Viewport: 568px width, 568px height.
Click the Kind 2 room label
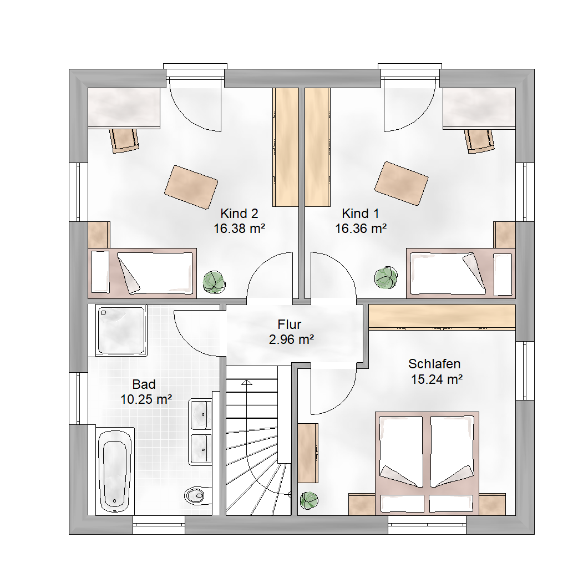[x=239, y=214]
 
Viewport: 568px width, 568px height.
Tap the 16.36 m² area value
[x=361, y=229]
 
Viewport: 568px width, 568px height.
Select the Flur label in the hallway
[x=290, y=324]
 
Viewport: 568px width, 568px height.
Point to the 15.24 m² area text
[x=437, y=379]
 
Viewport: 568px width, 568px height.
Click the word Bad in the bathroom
[x=144, y=384]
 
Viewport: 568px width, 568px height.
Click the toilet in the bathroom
[x=198, y=495]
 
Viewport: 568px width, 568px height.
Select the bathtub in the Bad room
[x=115, y=470]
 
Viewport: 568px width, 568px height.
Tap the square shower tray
[x=121, y=330]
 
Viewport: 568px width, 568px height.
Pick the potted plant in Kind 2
[x=214, y=282]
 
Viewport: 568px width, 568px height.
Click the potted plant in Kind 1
[x=386, y=278]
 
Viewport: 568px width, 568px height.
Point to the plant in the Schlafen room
[x=310, y=501]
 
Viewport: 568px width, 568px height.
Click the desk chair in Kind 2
[x=124, y=140]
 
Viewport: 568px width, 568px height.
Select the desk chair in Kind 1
[x=479, y=141]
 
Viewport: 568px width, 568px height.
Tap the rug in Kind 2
[x=191, y=187]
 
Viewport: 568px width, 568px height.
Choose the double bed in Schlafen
[x=427, y=463]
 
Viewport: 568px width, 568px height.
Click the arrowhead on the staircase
[x=247, y=382]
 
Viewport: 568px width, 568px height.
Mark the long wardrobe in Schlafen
[x=442, y=317]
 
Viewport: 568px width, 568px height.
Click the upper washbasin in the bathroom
[x=200, y=415]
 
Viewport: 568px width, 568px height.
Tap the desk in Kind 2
[x=124, y=108]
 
